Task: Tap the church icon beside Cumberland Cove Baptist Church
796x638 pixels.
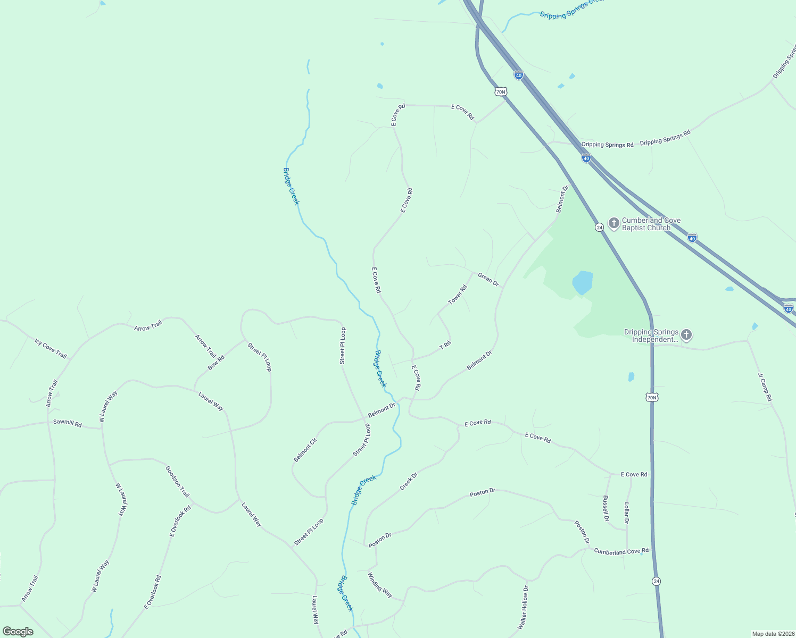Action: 613,223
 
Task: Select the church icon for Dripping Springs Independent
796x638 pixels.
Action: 686,334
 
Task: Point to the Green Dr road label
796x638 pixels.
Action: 488,279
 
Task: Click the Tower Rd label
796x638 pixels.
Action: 457,295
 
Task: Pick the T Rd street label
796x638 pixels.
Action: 445,345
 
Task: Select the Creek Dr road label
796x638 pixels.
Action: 408,482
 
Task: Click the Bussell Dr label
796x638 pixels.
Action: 606,509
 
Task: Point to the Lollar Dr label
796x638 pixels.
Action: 627,513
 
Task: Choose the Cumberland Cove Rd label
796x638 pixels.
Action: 621,551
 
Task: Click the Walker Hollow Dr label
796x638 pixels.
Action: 523,608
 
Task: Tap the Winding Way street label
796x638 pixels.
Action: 380,585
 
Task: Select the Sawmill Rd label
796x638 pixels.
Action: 68,424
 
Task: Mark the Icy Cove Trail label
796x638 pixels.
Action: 51,348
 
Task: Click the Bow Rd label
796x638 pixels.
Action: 216,363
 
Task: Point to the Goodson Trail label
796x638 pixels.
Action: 177,482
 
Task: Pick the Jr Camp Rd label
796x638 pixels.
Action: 765,387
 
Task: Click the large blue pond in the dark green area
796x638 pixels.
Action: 582,282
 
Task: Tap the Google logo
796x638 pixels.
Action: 18,632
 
